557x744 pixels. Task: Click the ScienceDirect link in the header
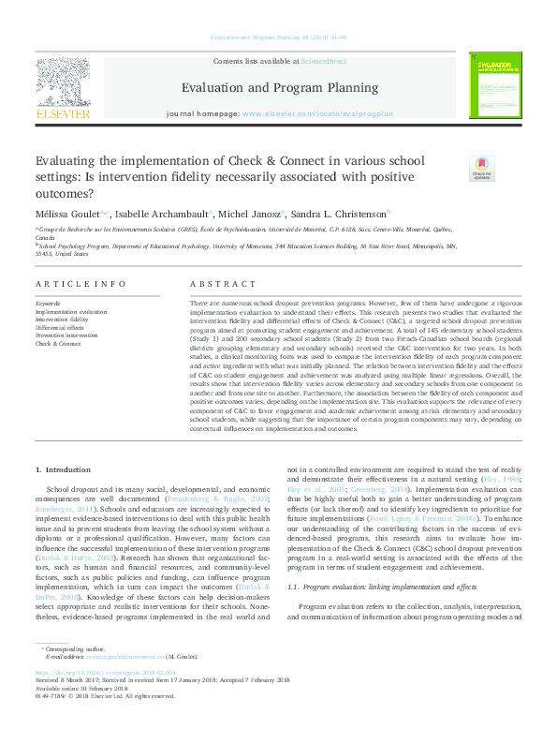click(323, 61)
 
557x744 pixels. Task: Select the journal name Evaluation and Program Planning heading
click(272, 88)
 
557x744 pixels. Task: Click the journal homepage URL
click(317, 112)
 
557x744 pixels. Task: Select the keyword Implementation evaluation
click(71, 310)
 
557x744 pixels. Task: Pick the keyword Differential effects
click(63, 327)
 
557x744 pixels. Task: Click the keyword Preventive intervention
click(66, 335)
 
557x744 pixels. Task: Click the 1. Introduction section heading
click(63, 469)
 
